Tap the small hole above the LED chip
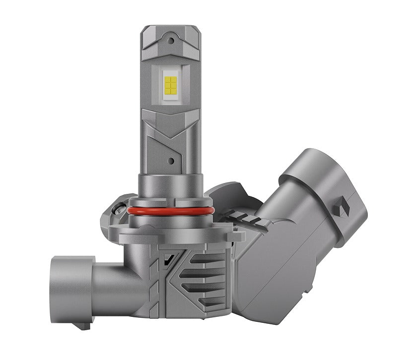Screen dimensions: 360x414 point(171,36)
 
